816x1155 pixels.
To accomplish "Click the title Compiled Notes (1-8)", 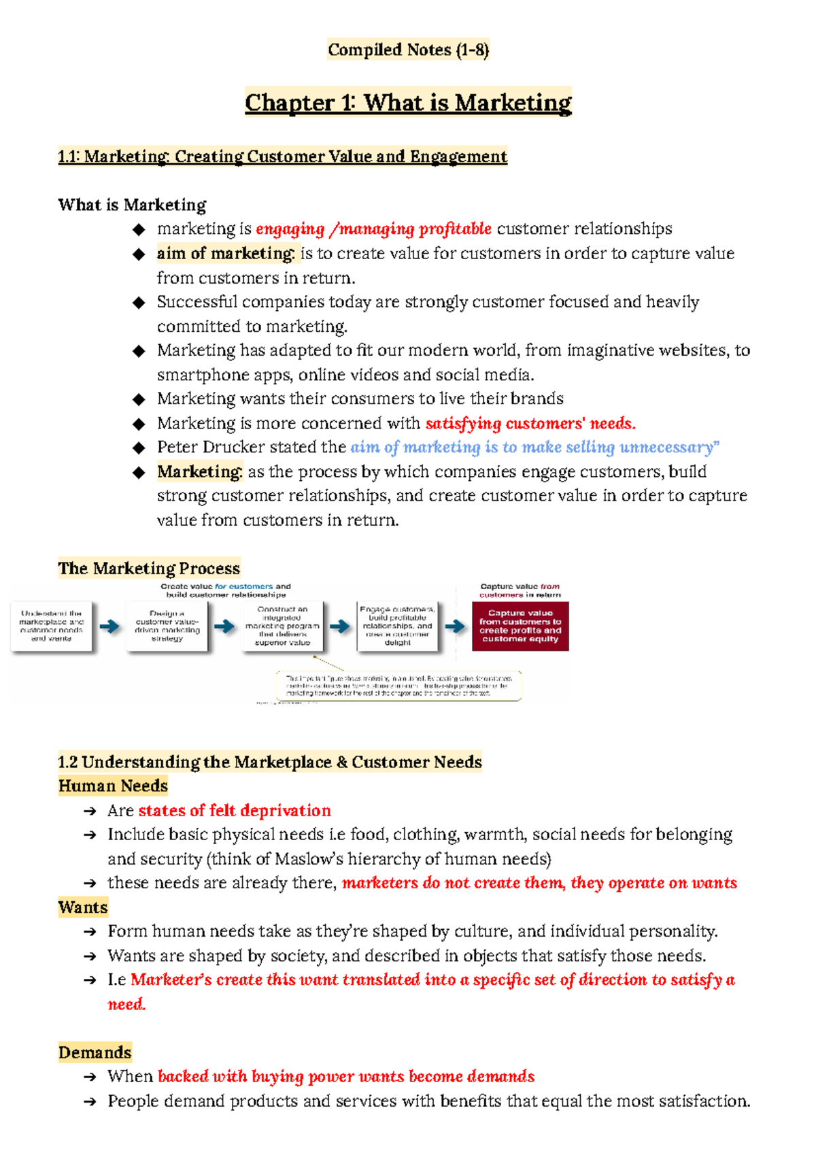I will (408, 50).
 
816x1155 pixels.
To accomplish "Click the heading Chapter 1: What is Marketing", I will (408, 103).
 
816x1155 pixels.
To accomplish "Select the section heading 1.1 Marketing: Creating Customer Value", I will (282, 156).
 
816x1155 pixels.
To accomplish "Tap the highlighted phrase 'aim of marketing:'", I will (226, 254).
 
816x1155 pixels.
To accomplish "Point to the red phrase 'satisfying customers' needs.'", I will (530, 423).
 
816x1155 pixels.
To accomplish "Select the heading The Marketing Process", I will (149, 568).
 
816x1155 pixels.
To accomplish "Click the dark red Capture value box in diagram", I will (520, 626).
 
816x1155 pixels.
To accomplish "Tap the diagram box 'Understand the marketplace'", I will (52, 626).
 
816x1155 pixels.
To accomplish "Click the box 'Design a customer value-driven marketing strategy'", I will (167, 626).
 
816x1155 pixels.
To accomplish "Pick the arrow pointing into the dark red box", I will (455, 626).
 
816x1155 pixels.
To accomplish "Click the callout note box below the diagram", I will (398, 686).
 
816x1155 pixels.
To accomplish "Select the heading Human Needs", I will (113, 786).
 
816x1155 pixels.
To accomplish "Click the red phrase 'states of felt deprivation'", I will (235, 810).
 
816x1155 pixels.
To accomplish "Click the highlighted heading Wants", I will (83, 907).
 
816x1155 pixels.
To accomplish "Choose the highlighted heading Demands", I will (95, 1052).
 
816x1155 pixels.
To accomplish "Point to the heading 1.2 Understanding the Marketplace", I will (270, 762).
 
